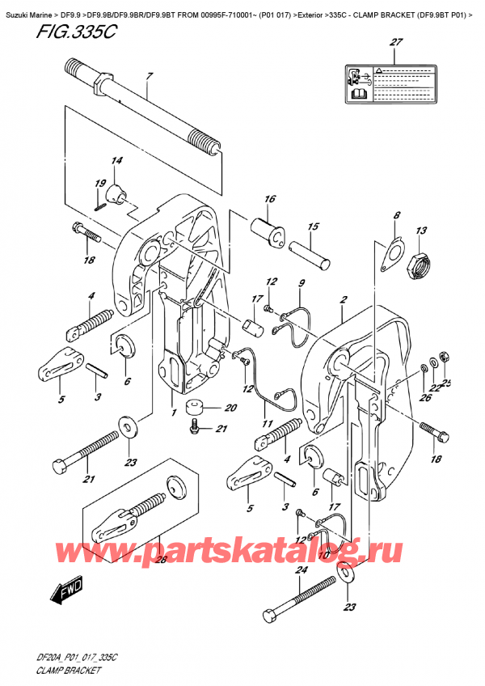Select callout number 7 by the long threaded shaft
[x=149, y=78]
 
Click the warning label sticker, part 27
[x=394, y=83]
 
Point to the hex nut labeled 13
[x=420, y=265]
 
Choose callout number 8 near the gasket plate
[x=396, y=216]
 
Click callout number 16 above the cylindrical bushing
[x=269, y=199]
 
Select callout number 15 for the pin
[x=313, y=227]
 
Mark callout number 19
[x=97, y=184]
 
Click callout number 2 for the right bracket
[x=344, y=301]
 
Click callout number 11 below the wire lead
[x=267, y=422]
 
